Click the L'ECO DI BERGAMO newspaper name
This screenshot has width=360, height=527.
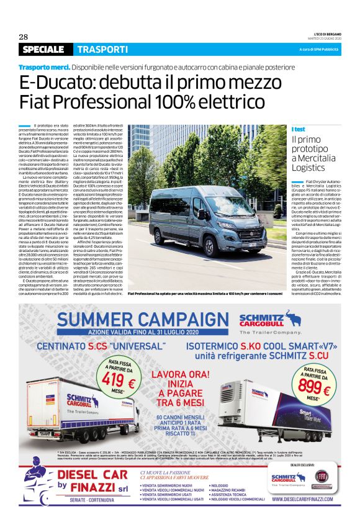coord(324,34)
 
